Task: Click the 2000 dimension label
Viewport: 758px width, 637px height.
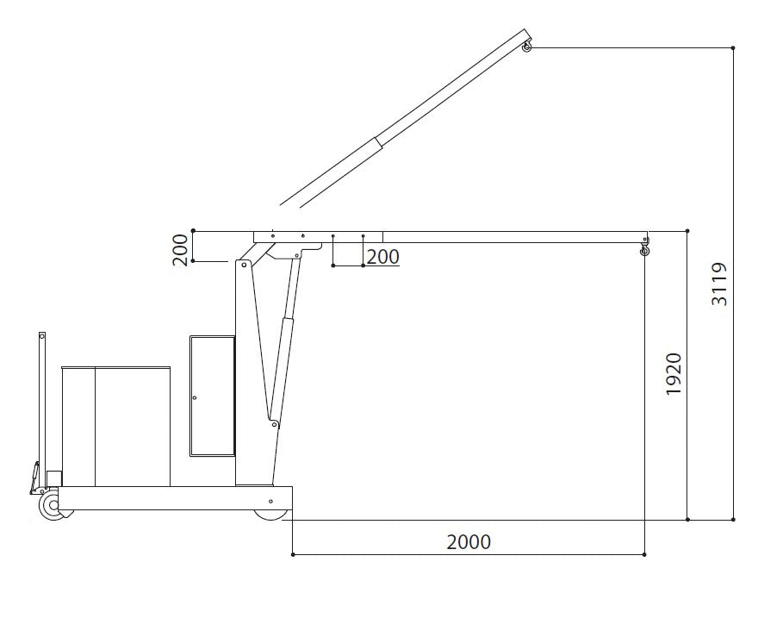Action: coord(469,542)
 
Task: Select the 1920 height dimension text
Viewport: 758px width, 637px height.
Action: coord(674,373)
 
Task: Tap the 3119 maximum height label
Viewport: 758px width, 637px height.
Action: coord(719,284)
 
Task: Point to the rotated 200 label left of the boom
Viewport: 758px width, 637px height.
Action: coord(181,250)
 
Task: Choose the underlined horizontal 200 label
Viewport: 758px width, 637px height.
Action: coord(382,256)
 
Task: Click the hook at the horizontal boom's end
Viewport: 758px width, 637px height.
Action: coord(643,249)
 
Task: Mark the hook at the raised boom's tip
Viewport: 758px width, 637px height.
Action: coord(527,48)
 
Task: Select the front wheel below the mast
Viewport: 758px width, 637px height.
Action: coord(270,514)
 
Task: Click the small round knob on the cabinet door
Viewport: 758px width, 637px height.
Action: coord(195,397)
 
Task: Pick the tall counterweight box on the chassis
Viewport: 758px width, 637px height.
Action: coord(116,426)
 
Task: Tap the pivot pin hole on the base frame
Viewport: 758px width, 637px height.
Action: coord(270,501)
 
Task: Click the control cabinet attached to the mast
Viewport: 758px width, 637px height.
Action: coord(212,395)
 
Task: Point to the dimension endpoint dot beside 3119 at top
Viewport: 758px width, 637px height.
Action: coord(733,47)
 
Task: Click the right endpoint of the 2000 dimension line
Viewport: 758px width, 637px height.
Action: coord(644,555)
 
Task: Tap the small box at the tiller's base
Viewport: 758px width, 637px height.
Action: coord(54,478)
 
